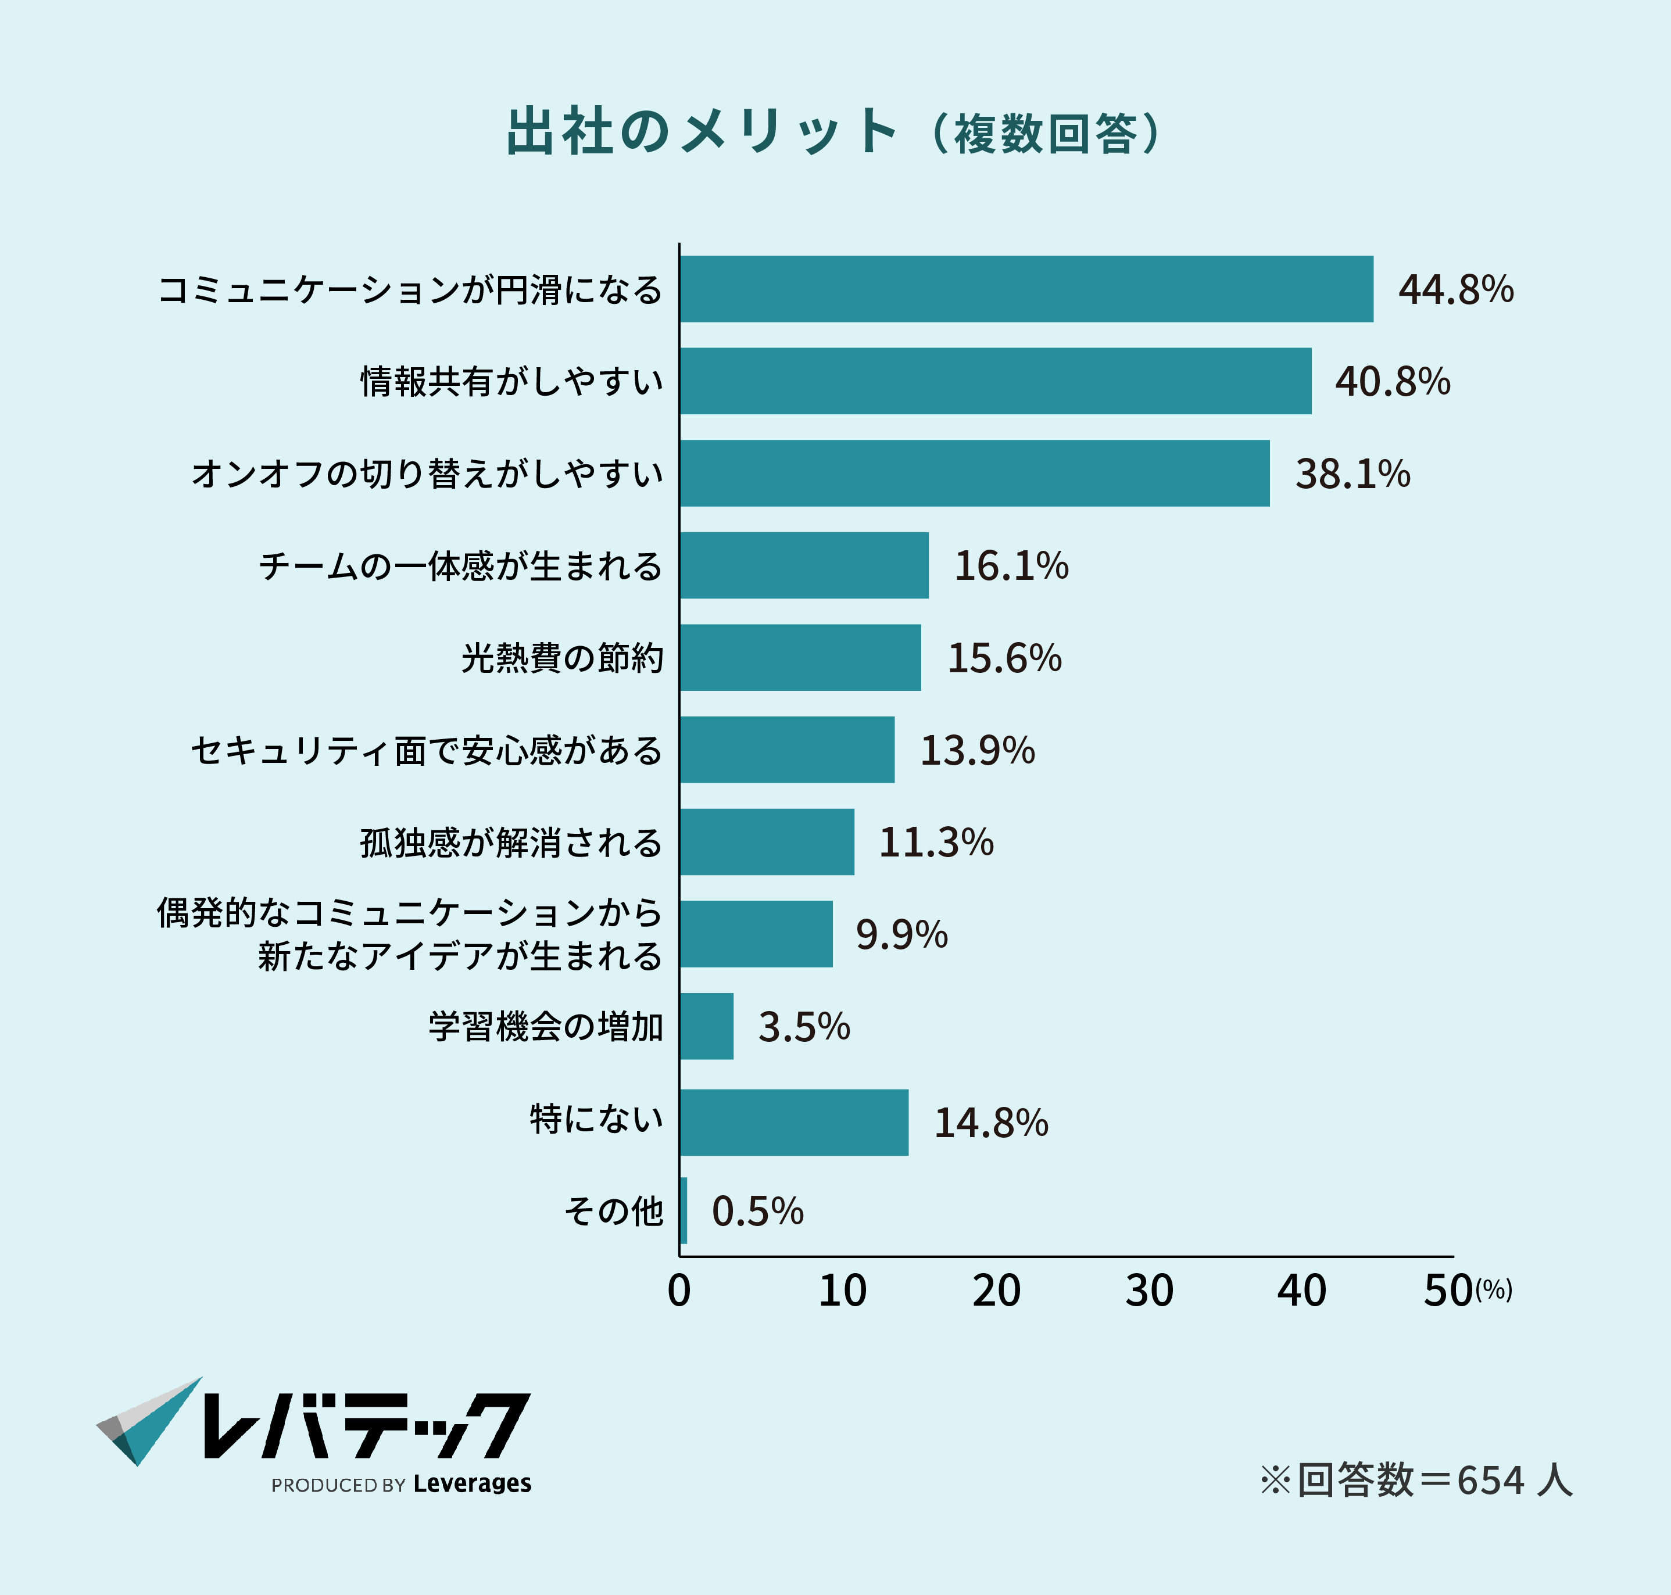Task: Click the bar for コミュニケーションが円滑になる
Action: click(1026, 289)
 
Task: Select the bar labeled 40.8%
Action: click(995, 381)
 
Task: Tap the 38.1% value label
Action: click(1352, 474)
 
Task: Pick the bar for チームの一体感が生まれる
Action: click(804, 565)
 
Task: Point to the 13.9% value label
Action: click(977, 750)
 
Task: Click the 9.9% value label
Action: click(901, 934)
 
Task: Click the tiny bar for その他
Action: click(684, 1211)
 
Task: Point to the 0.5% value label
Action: click(757, 1212)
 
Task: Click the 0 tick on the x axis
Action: click(679, 1291)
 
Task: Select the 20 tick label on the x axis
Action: click(996, 1291)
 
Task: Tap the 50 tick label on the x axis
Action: click(1448, 1291)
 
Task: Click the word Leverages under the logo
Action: click(472, 1483)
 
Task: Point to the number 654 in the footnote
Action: click(1491, 1480)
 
